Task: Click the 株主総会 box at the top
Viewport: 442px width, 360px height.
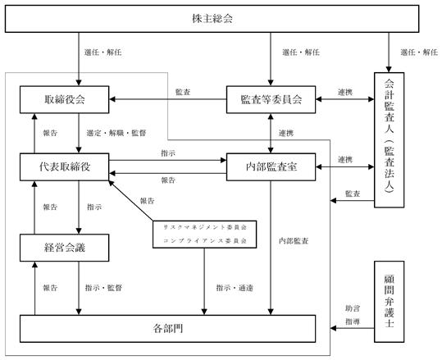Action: pyautogui.click(x=212, y=19)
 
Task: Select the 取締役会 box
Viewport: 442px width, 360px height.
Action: pyautogui.click(x=64, y=99)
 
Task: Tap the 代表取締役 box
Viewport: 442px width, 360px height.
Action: pyautogui.click(x=64, y=167)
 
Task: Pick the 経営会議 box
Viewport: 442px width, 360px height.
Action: pyautogui.click(x=64, y=248)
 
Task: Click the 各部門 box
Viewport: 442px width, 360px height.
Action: pyautogui.click(x=168, y=328)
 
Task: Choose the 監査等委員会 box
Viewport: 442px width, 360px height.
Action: pyautogui.click(x=271, y=99)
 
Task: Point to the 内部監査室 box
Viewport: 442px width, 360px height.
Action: pyautogui.click(x=271, y=167)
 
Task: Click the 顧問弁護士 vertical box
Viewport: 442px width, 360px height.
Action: pyautogui.click(x=389, y=302)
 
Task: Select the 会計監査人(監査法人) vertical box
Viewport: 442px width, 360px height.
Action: pyautogui.click(x=389, y=140)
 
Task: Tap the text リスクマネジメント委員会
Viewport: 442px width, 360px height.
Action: pyautogui.click(x=205, y=227)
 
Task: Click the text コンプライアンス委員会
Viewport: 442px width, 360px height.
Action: pyautogui.click(x=205, y=241)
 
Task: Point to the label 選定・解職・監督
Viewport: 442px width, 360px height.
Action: pyautogui.click(x=116, y=133)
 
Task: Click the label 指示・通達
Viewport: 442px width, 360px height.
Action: pyautogui.click(x=235, y=288)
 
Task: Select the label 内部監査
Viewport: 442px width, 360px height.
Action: pyautogui.click(x=294, y=241)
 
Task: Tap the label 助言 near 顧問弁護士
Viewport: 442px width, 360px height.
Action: pyautogui.click(x=353, y=308)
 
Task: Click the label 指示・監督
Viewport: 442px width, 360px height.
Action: pyautogui.click(x=103, y=288)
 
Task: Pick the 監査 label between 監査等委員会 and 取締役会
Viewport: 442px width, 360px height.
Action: pyautogui.click(x=183, y=92)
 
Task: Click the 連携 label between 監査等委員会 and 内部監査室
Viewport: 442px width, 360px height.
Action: pyautogui.click(x=286, y=133)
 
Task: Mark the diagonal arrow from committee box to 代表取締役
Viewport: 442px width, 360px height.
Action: pyautogui.click(x=131, y=201)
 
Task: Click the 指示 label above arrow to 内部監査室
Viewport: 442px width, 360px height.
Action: pyautogui.click(x=168, y=153)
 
